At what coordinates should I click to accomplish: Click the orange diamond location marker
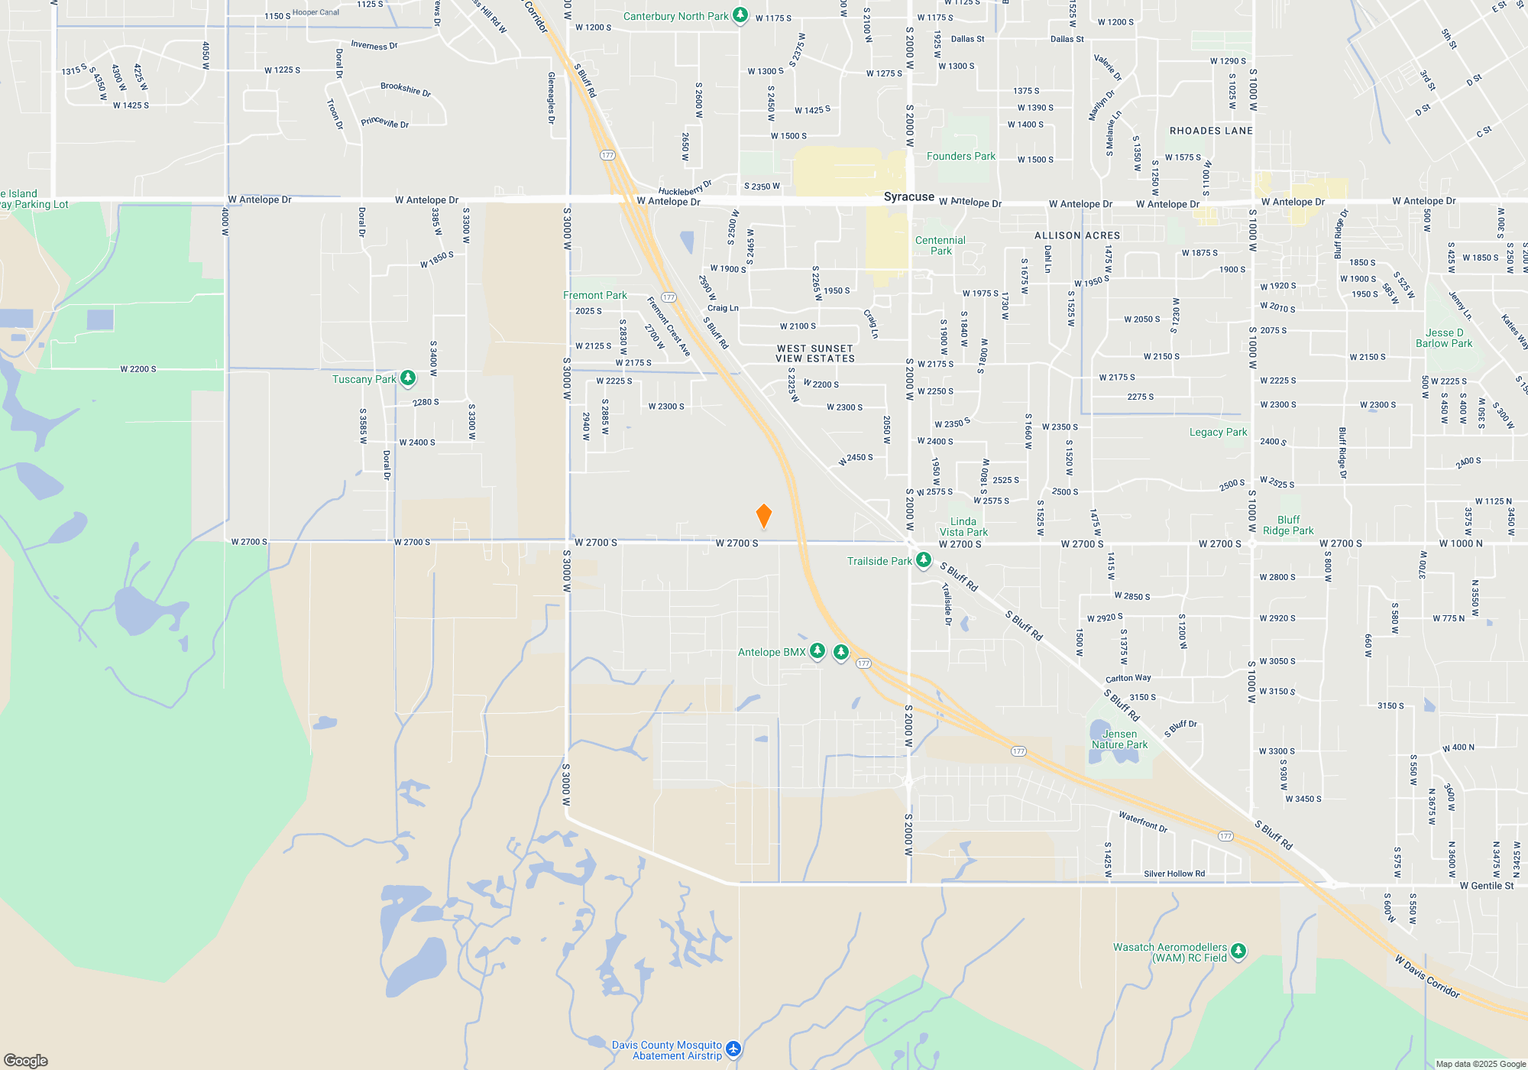(x=763, y=516)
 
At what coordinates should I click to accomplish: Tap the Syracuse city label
(x=908, y=196)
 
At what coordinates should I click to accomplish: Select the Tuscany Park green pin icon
(x=408, y=378)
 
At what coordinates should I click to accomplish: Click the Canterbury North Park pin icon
(x=740, y=15)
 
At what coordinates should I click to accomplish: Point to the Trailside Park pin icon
(x=923, y=560)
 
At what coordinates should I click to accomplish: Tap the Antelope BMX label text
(x=772, y=652)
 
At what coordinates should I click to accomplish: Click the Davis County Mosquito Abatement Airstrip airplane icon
(x=733, y=1049)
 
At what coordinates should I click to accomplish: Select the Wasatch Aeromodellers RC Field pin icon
(x=1238, y=951)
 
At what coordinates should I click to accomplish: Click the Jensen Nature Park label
(x=1119, y=739)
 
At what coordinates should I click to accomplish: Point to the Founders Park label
(x=960, y=156)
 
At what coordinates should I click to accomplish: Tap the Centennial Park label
(x=940, y=245)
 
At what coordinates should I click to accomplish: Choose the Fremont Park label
(x=594, y=295)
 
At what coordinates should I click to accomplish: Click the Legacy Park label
(x=1218, y=432)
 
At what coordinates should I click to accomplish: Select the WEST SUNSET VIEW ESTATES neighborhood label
(x=815, y=353)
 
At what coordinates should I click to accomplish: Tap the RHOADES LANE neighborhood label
(x=1211, y=131)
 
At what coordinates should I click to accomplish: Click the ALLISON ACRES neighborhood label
(x=1077, y=235)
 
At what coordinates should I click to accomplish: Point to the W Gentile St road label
(x=1486, y=886)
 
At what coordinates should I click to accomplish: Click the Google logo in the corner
(x=26, y=1060)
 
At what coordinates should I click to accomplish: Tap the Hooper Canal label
(x=316, y=12)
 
